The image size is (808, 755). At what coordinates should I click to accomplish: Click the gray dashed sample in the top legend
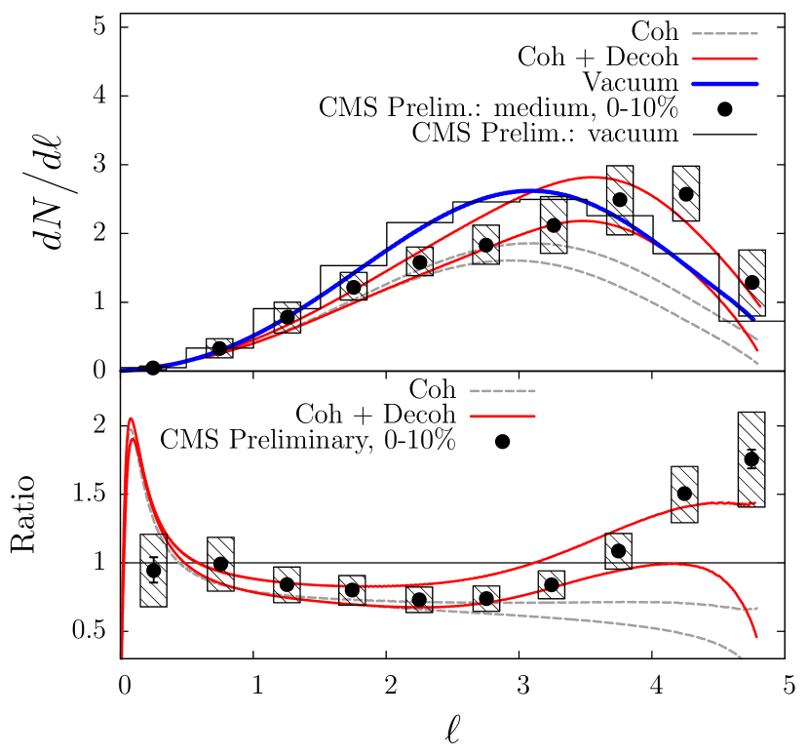pyautogui.click(x=725, y=33)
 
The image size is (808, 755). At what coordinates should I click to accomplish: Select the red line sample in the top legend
pyautogui.click(x=725, y=59)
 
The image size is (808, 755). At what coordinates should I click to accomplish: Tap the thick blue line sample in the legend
pyautogui.click(x=725, y=84)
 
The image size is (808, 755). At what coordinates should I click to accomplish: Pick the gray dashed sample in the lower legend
pyautogui.click(x=502, y=391)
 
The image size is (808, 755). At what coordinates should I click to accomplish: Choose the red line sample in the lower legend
pyautogui.click(x=502, y=417)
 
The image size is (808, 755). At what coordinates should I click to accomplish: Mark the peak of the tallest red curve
pyautogui.click(x=593, y=177)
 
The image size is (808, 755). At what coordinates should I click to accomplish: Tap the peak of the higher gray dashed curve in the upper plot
pyautogui.click(x=534, y=242)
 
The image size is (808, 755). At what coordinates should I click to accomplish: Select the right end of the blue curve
pyautogui.click(x=754, y=319)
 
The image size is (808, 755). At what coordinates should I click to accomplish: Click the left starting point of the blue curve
pyautogui.click(x=121, y=371)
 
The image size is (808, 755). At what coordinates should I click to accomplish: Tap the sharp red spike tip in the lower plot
pyautogui.click(x=131, y=418)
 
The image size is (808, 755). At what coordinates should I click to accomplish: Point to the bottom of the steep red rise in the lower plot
pyautogui.click(x=122, y=658)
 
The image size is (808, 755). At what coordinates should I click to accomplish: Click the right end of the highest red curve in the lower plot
pyautogui.click(x=755, y=502)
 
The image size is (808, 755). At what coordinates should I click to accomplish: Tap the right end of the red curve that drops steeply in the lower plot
pyautogui.click(x=756, y=638)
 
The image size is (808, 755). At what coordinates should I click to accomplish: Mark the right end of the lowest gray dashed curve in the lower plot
pyautogui.click(x=743, y=658)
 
